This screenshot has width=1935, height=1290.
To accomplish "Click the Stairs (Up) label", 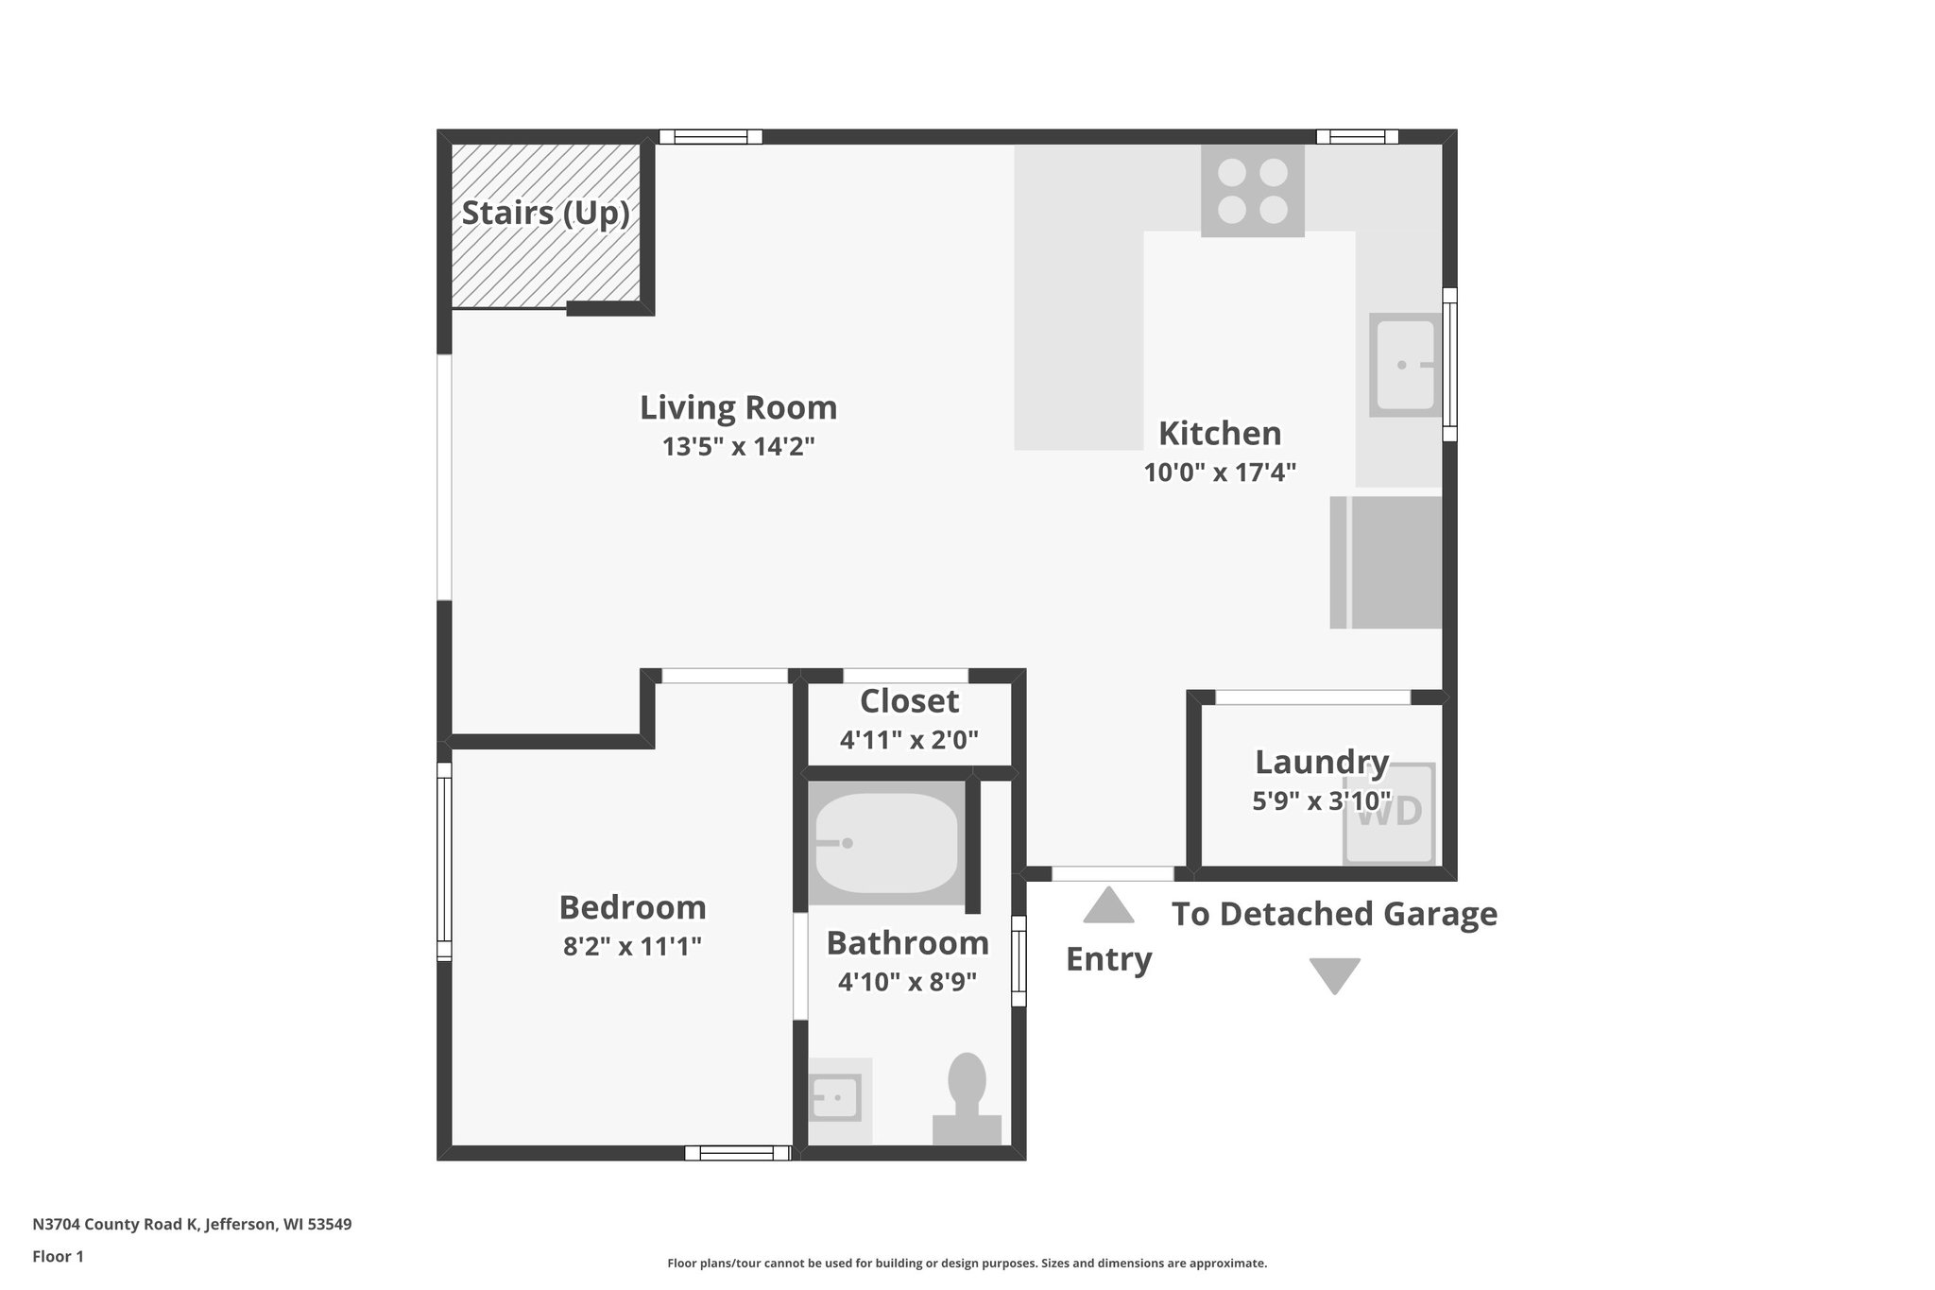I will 545,213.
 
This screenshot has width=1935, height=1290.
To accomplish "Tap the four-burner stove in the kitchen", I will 1252,190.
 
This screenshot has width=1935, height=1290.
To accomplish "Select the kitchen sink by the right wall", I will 1404,365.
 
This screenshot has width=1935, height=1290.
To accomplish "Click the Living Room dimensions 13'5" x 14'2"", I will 738,446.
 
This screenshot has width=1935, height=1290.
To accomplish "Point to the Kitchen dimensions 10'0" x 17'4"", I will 1219,472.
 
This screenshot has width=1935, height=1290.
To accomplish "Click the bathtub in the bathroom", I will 885,843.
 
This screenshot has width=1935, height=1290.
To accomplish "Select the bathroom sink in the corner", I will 836,1098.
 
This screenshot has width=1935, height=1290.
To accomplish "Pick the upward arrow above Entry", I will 1107,904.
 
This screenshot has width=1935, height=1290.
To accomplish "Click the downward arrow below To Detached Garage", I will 1333,975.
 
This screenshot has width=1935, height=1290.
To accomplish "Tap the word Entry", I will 1108,959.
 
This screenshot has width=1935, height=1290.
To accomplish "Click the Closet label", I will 909,701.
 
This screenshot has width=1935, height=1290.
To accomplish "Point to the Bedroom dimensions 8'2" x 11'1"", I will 632,946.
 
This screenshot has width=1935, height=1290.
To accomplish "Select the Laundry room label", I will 1321,762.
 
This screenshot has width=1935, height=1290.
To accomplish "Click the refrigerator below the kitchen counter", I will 1386,562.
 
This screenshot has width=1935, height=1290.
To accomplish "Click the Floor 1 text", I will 58,1256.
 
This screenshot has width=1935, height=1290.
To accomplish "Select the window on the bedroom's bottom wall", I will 737,1152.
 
